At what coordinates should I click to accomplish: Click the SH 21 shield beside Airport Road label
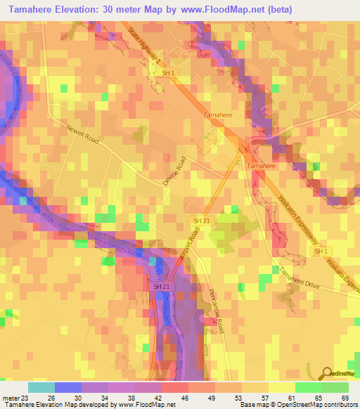pos(201,221)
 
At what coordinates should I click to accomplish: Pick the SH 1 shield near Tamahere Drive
pos(321,251)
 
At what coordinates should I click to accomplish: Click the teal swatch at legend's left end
pos(41,387)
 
